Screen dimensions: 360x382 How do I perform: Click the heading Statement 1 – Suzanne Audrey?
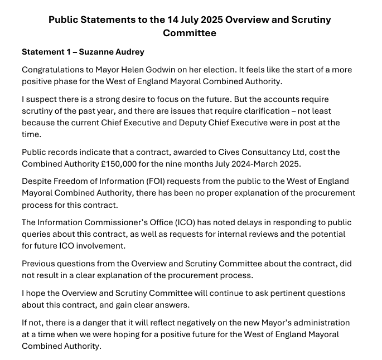point(83,52)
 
